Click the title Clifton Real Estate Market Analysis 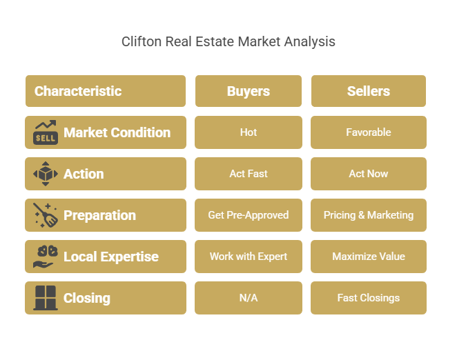(x=228, y=41)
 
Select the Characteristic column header (x=106, y=91)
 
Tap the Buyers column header (x=249, y=91)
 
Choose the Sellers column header (x=369, y=91)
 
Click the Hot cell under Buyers (x=249, y=132)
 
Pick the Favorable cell (x=369, y=132)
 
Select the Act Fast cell (x=249, y=174)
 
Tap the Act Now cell (x=369, y=174)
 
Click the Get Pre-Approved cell (x=249, y=215)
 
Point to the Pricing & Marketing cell (x=369, y=215)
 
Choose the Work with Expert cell (x=249, y=257)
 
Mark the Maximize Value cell (x=369, y=257)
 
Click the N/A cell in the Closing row (x=249, y=298)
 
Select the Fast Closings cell (x=369, y=298)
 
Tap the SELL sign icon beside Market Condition (x=46, y=132)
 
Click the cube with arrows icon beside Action (x=46, y=174)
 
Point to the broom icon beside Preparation (x=46, y=215)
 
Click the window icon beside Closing (x=46, y=298)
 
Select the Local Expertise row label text (x=111, y=257)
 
